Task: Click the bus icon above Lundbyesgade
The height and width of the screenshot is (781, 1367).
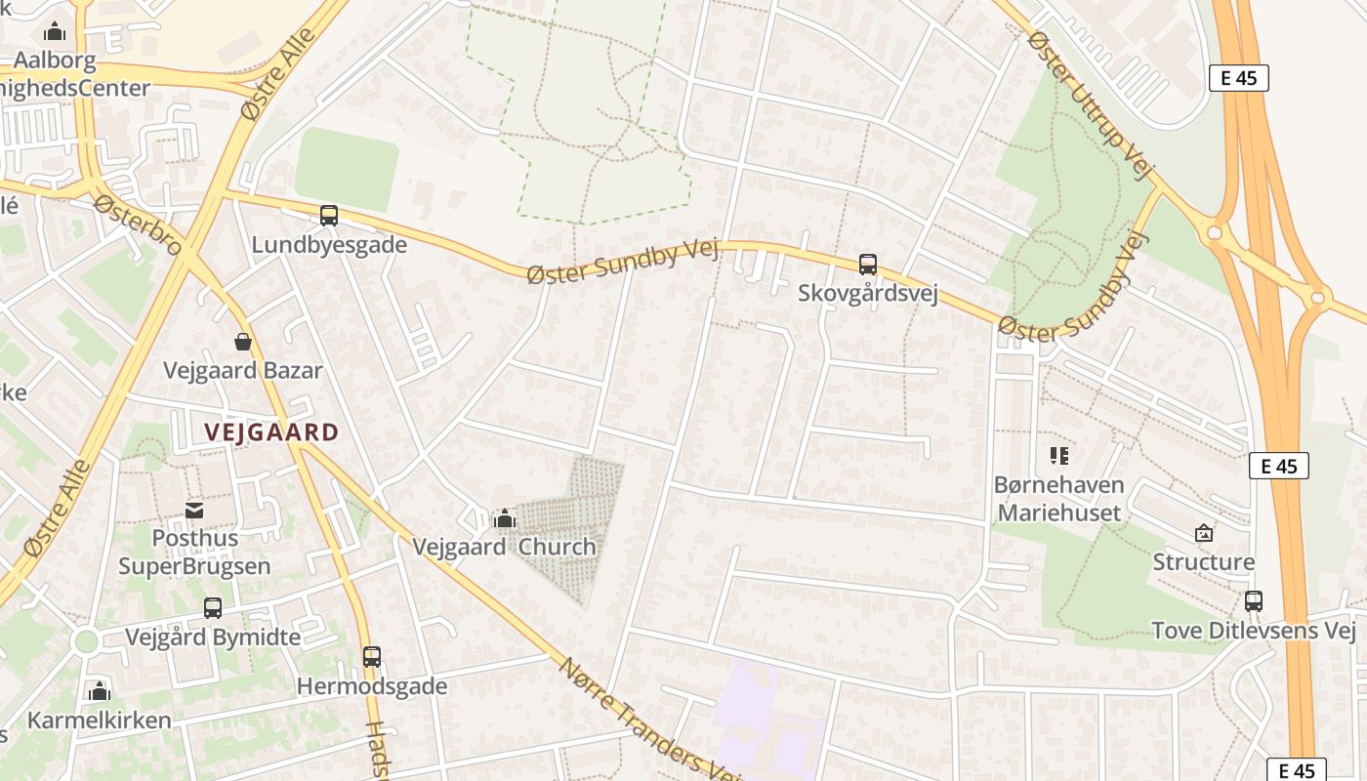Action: point(329,216)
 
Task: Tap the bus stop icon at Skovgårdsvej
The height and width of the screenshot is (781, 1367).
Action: point(867,264)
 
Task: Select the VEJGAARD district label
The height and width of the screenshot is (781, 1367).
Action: point(271,432)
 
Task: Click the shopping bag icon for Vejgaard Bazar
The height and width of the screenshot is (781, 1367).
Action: point(242,342)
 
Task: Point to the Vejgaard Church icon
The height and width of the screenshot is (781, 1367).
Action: point(504,518)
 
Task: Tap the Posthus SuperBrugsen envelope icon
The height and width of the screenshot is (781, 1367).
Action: point(194,510)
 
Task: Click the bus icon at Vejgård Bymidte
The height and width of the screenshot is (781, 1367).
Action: point(213,608)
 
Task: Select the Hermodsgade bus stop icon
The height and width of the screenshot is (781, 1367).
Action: point(371,657)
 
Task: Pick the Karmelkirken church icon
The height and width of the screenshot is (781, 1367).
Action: point(99,692)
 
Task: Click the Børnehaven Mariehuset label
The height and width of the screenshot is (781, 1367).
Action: point(1058,498)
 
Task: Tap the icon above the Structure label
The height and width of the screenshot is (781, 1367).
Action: point(1203,533)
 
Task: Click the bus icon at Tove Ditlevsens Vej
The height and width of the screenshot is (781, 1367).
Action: point(1253,601)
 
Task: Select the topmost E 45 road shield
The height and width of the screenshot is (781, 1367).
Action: point(1238,78)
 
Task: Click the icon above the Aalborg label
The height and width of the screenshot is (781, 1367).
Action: point(55,31)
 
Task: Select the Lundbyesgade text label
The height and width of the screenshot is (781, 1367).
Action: point(329,245)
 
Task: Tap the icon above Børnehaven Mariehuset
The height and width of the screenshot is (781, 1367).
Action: point(1058,455)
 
